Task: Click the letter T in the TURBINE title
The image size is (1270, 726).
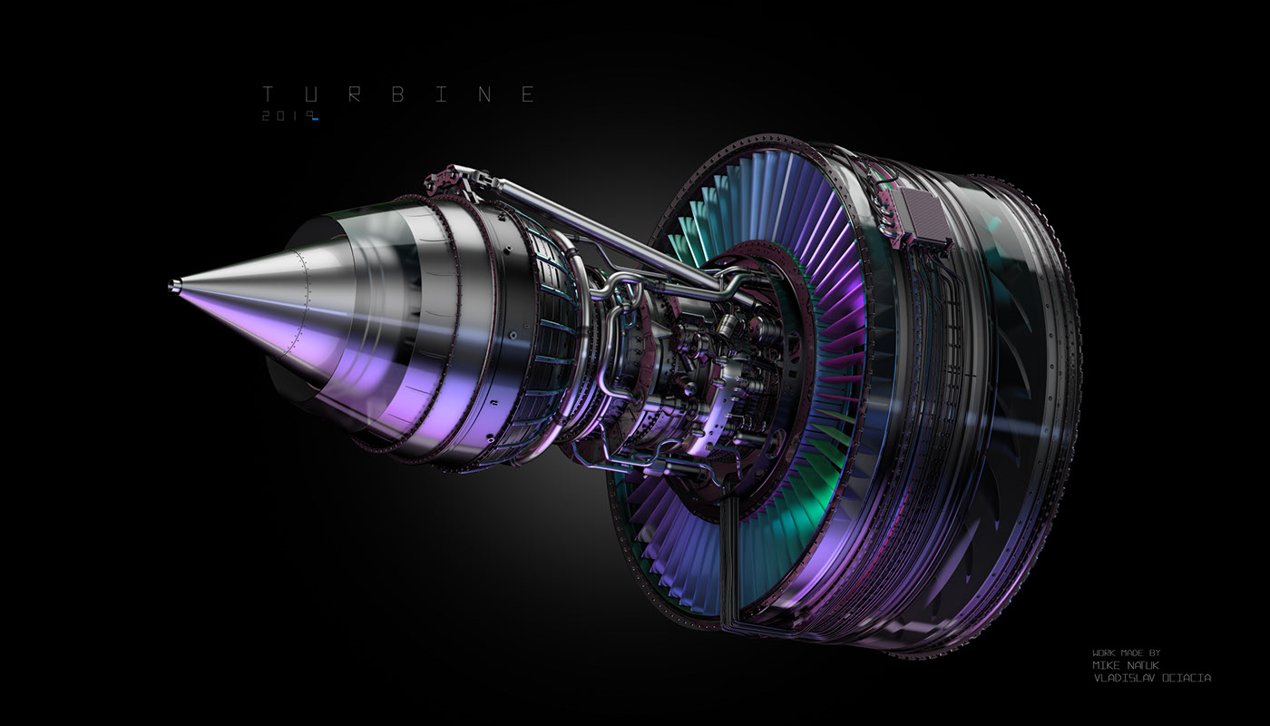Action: pos(268,94)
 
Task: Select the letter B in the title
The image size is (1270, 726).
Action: pos(396,94)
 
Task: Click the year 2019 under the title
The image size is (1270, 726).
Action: pos(284,116)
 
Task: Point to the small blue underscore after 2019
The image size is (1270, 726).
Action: pos(314,120)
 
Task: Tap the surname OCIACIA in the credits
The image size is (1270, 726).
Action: pos(1186,678)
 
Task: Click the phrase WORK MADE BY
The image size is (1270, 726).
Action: pos(1126,652)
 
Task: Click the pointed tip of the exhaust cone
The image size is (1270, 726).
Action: pos(171,287)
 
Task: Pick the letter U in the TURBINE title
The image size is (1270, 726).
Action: pos(309,94)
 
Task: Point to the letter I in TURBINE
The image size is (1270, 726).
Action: pos(440,94)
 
